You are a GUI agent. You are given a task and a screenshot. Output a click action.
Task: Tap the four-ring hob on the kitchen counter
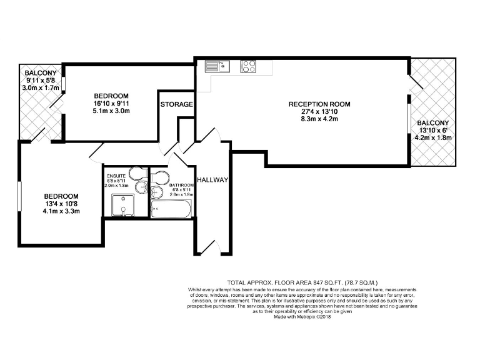[248, 65]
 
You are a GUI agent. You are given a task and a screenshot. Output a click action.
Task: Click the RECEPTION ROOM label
[319, 104]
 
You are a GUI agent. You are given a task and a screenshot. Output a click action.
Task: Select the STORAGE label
[176, 104]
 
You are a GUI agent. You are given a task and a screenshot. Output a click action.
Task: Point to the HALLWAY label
[212, 180]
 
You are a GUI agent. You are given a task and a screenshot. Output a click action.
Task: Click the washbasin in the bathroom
[156, 193]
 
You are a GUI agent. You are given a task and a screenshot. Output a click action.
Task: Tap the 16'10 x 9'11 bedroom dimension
[112, 102]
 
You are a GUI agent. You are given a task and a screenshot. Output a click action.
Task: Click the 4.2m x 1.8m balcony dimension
[432, 137]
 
